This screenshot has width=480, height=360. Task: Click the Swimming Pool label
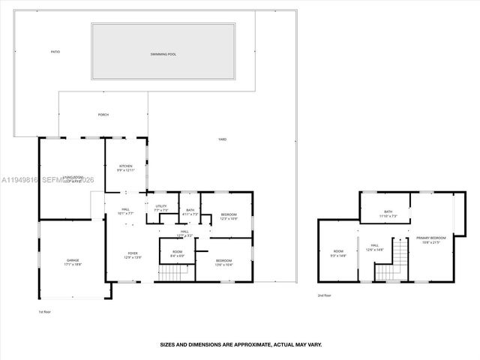163,54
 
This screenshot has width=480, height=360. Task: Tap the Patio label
55,52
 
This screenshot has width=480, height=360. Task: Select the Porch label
103,115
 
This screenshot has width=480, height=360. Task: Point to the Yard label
222,139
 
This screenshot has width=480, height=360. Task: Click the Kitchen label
124,168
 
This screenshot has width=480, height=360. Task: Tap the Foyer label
132,255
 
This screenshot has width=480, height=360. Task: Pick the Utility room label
161,208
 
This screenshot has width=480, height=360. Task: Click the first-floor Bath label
190,213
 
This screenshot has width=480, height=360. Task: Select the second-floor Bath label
388,214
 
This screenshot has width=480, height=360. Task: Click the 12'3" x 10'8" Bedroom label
229,217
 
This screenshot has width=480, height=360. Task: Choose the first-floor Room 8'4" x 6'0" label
177,253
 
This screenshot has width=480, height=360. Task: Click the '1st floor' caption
46,311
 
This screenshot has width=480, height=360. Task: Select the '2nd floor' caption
325,295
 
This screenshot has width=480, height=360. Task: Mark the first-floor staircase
173,274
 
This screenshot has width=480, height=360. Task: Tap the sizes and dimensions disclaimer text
241,344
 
